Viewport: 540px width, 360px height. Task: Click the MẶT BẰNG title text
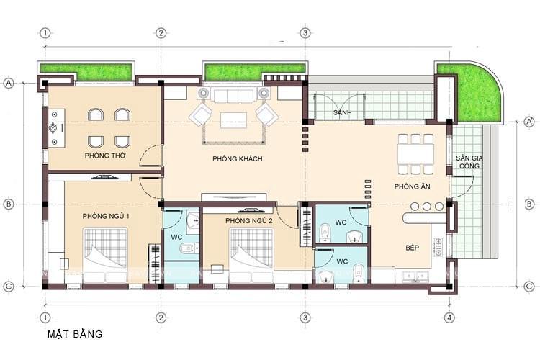75,334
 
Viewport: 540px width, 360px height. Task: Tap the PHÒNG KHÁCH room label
237,158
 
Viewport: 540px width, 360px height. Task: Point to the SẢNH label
341,114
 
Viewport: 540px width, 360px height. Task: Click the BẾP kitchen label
412,247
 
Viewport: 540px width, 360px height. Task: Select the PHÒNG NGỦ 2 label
248,220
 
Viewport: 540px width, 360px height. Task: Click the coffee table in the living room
233,120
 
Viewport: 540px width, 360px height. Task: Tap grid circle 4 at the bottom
449,318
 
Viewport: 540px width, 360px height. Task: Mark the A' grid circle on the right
528,120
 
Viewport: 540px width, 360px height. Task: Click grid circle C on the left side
9,287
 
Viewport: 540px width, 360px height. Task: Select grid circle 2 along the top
161,32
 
